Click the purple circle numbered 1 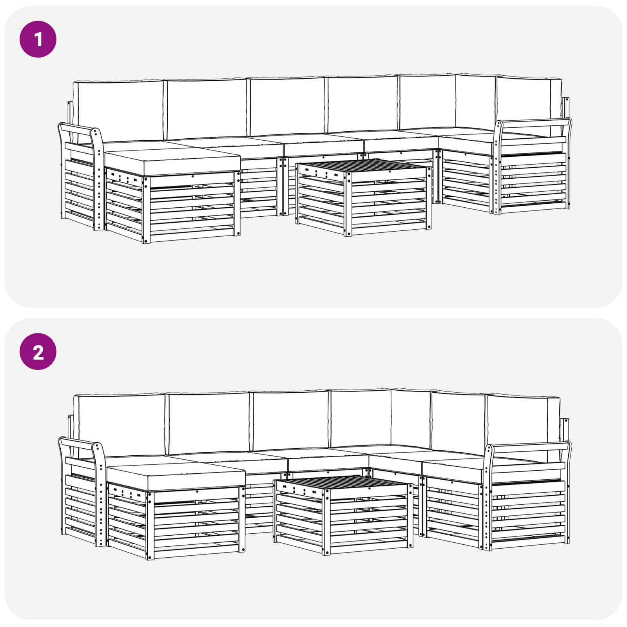[x=38, y=39]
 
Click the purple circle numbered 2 [x=38, y=352]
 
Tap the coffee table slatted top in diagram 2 [x=345, y=482]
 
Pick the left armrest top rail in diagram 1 [x=76, y=129]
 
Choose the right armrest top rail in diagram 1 [x=535, y=122]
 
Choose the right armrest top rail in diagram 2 [x=529, y=446]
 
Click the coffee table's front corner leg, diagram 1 [x=348, y=204]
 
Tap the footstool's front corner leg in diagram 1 [x=146, y=210]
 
